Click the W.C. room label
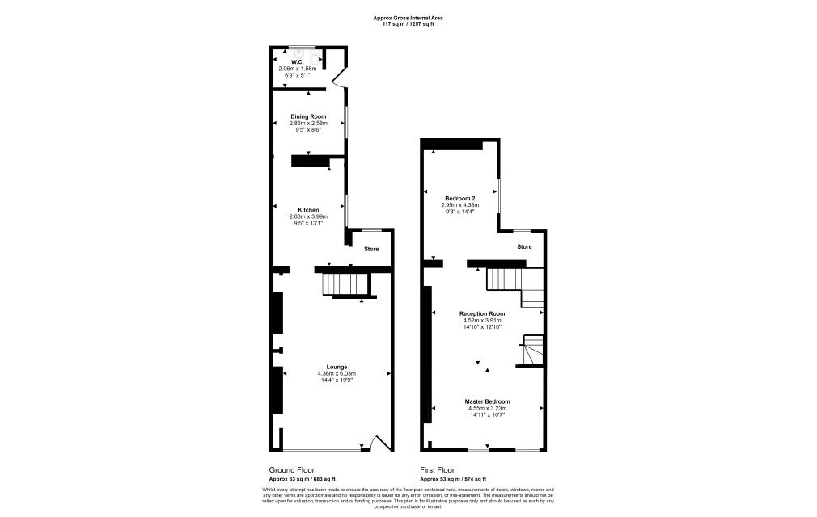coord(297,61)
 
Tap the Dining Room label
coord(308,116)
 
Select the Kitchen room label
coord(308,210)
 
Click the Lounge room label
coord(337,367)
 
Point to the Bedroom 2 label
coord(459,198)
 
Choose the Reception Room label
coord(482,313)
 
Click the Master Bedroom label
coord(487,401)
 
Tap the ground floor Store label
coord(370,249)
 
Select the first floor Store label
coord(524,246)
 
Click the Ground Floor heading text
coord(291,469)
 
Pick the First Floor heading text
coord(437,469)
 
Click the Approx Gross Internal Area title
coord(408,18)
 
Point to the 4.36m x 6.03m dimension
coord(337,373)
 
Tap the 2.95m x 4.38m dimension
coord(460,204)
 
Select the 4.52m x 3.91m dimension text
coord(482,320)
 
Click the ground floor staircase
coord(345,284)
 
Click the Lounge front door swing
coord(379,443)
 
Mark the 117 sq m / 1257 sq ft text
coord(408,24)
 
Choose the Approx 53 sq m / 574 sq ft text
coord(452,479)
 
